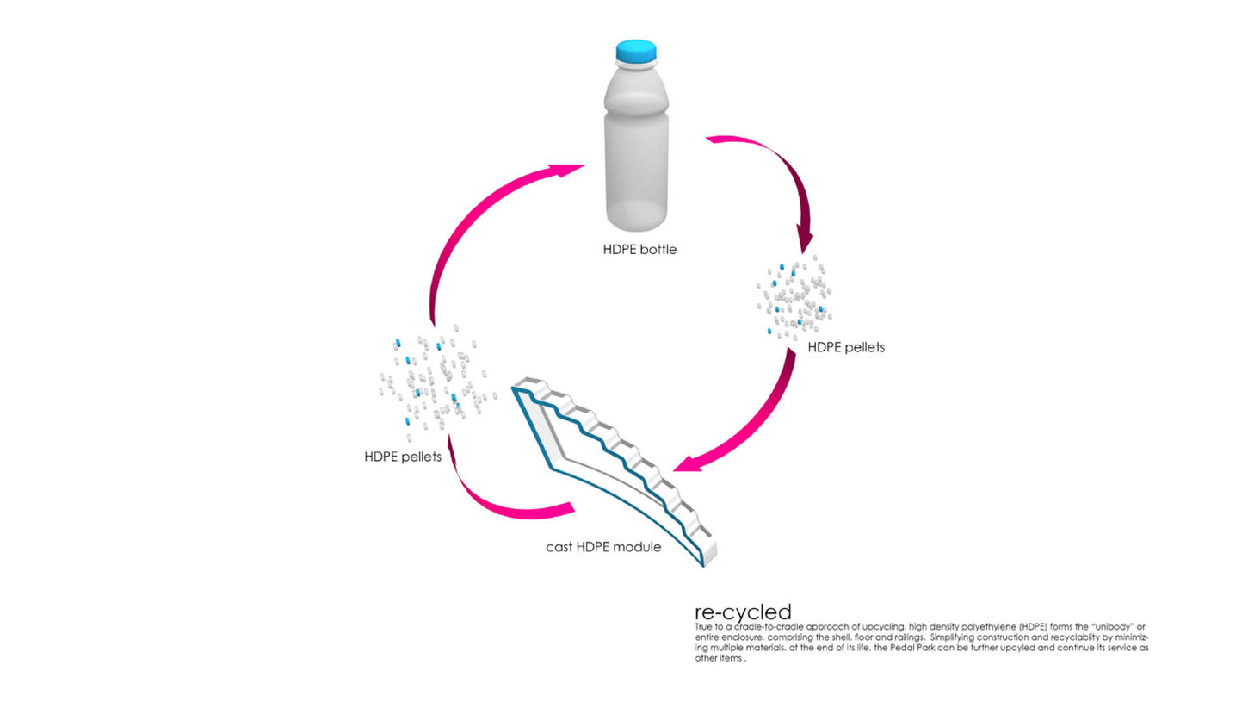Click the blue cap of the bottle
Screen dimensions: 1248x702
pyautogui.click(x=636, y=52)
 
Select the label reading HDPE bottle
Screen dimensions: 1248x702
pyautogui.click(x=639, y=250)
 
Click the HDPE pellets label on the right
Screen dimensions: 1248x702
pyautogui.click(x=846, y=347)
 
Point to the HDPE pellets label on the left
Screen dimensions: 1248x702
pyautogui.click(x=403, y=457)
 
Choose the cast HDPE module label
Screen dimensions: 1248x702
pyautogui.click(x=603, y=547)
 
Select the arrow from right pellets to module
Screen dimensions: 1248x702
pyautogui.click(x=757, y=422)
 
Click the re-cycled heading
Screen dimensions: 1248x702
pyautogui.click(x=743, y=612)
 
